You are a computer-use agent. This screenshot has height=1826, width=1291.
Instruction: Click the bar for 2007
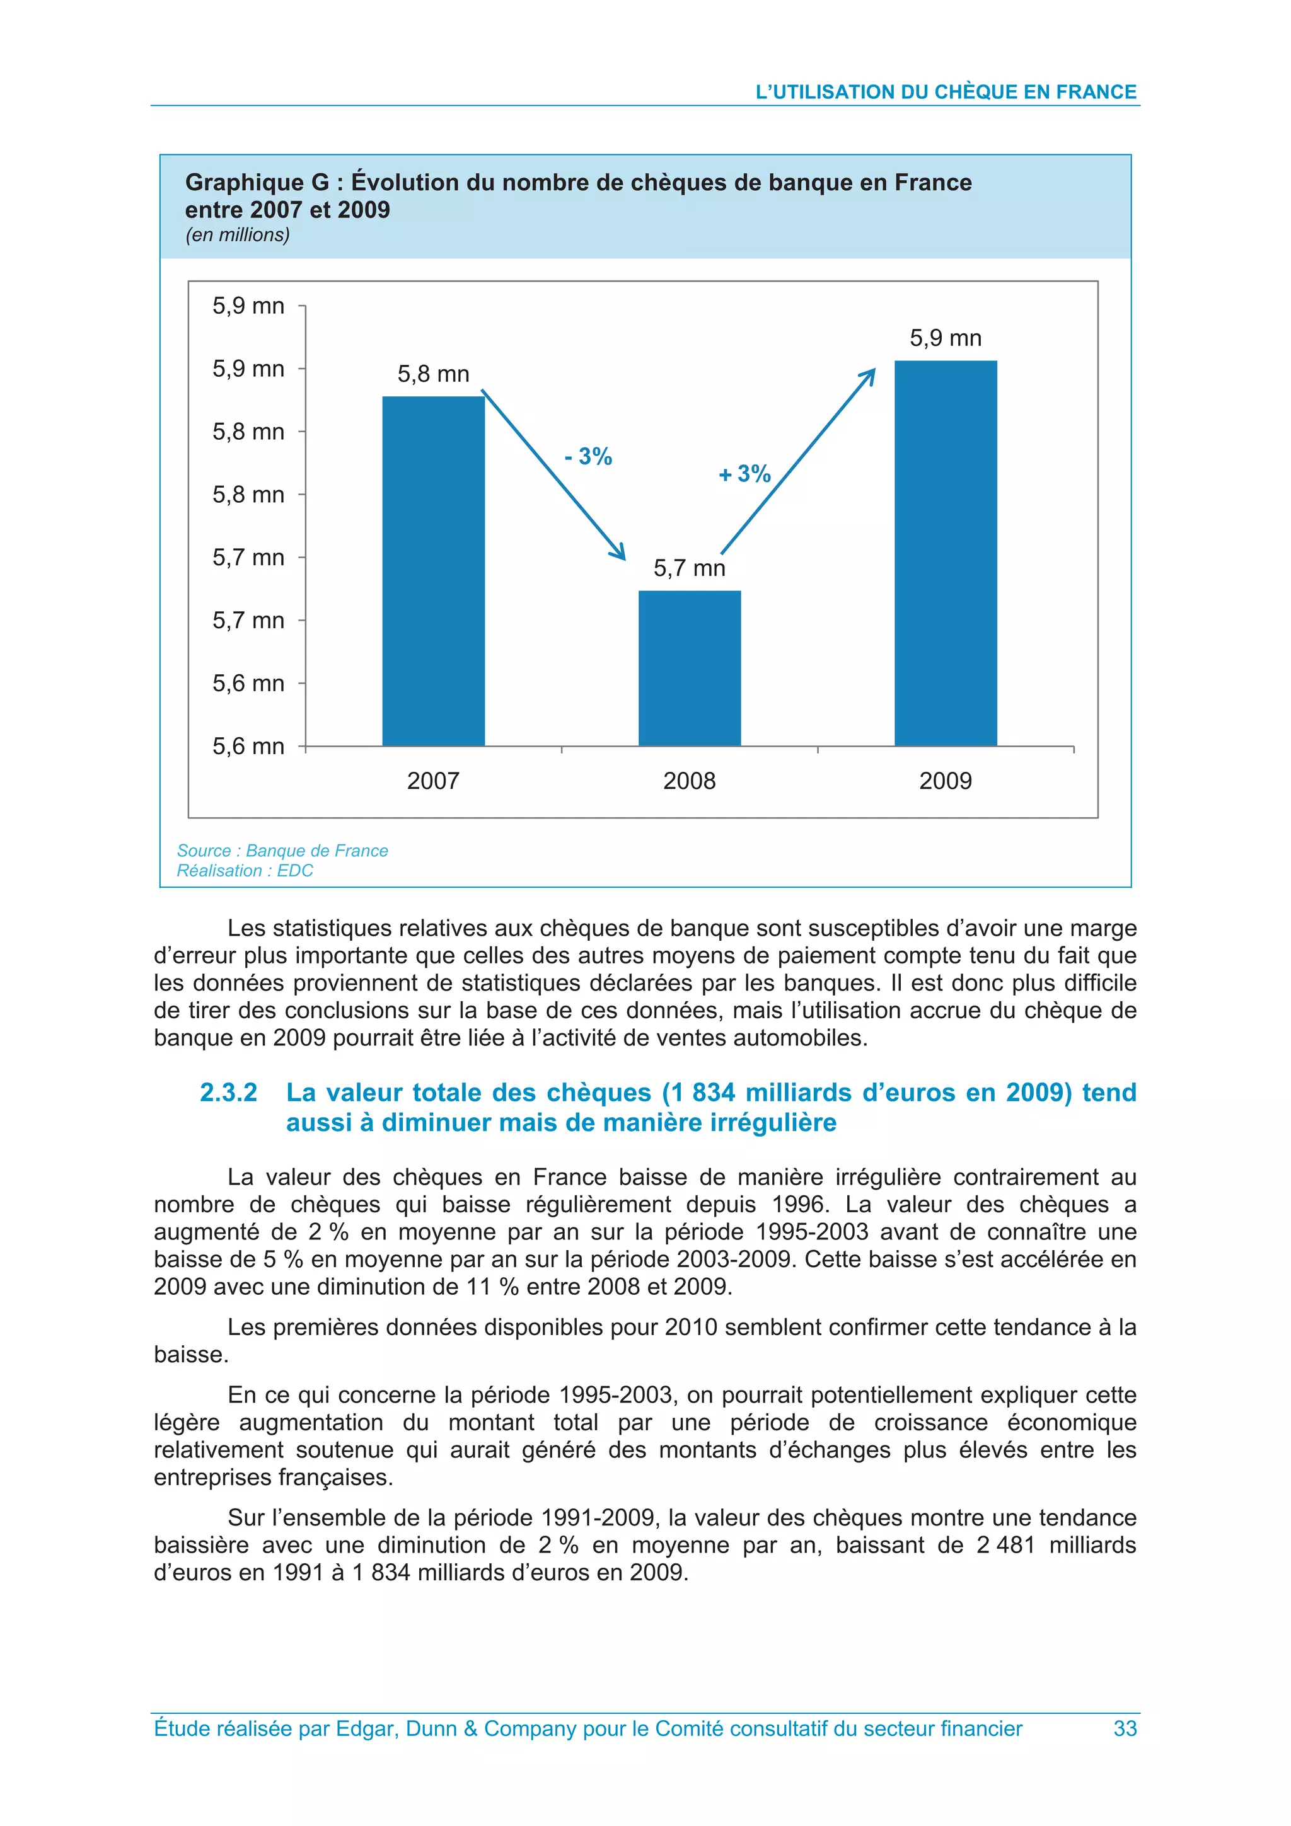[x=434, y=570]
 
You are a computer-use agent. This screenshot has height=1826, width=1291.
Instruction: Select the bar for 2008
[x=690, y=668]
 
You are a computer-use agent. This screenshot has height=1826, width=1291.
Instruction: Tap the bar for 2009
[x=945, y=553]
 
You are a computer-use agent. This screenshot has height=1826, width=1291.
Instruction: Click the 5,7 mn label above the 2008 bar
[x=689, y=568]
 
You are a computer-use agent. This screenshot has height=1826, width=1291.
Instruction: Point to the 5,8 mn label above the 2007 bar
[x=434, y=374]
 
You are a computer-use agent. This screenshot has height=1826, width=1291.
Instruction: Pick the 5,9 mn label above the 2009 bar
[x=945, y=338]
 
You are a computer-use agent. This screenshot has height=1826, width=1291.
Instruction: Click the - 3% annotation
[x=588, y=456]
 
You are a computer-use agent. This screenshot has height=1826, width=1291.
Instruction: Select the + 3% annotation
[x=744, y=474]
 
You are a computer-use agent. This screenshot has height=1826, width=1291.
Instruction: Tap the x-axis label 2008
[x=689, y=781]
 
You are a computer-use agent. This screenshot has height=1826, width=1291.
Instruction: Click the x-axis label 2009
[x=945, y=781]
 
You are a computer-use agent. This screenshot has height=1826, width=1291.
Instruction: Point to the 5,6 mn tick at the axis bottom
[x=248, y=746]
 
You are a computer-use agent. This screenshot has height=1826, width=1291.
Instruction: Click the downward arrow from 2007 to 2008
[x=553, y=475]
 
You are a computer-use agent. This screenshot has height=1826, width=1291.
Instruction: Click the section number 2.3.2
[x=228, y=1093]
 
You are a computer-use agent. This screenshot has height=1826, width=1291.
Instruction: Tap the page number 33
[x=1125, y=1728]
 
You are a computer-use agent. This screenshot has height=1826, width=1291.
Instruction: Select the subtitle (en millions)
[x=237, y=234]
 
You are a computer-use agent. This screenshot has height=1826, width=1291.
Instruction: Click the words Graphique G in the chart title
[x=257, y=183]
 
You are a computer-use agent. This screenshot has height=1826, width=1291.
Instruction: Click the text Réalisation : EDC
[x=245, y=870]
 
